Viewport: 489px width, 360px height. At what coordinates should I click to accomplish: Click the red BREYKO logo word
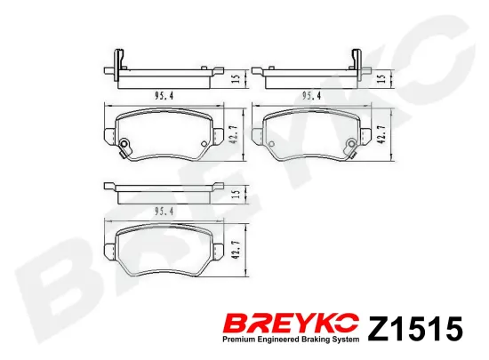(292, 324)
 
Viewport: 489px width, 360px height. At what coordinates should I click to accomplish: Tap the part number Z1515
(415, 329)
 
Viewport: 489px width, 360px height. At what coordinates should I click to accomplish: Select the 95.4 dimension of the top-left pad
(164, 96)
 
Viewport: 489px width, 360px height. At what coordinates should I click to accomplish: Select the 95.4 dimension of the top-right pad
(311, 96)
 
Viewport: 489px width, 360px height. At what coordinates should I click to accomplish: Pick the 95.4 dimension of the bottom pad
(164, 212)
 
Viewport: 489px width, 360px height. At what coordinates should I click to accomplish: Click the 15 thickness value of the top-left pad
(236, 78)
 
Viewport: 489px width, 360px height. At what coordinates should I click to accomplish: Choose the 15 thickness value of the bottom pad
(236, 194)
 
